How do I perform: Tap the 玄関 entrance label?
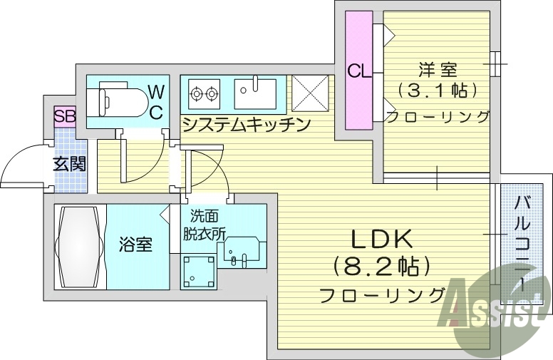tap(69, 163)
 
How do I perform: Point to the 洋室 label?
tap(437, 70)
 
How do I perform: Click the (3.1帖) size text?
tap(437, 91)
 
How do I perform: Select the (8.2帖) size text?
tap(383, 267)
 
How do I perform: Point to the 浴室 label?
tap(135, 246)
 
